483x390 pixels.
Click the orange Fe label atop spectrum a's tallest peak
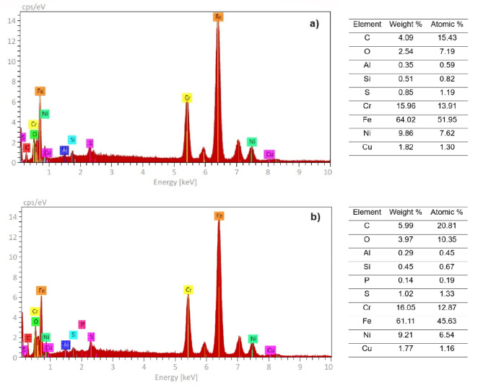point(217,17)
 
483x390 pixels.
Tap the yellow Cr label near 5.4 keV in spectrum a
point(187,97)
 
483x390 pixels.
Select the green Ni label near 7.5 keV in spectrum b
point(253,338)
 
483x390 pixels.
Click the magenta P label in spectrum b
point(82,324)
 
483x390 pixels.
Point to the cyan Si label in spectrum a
point(72,139)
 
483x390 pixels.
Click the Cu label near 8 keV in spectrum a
point(269,154)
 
